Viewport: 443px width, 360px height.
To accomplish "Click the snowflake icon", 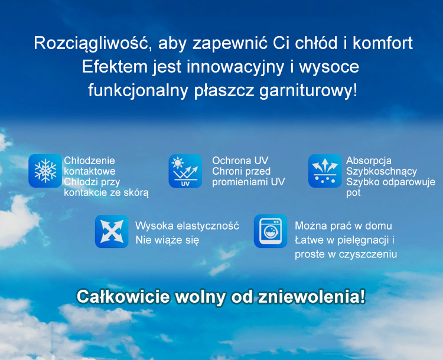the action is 45,171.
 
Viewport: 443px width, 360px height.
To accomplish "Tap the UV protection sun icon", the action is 185,171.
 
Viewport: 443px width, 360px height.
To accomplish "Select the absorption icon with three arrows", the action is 325,171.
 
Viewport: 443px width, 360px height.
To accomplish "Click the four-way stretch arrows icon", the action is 112,231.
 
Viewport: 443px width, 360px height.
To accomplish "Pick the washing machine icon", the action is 271,231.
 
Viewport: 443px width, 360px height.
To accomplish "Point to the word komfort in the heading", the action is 383,43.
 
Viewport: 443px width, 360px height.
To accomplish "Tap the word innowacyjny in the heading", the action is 235,68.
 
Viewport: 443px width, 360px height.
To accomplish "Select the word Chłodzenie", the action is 90,161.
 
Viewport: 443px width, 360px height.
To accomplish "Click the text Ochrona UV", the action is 240,161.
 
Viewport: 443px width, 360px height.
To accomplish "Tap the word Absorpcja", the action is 369,161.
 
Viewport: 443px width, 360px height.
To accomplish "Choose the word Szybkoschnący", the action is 382,172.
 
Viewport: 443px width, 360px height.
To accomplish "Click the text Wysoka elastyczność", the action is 187,226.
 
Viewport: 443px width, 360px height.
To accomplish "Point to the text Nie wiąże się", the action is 167,240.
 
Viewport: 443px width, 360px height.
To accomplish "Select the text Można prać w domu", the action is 343,225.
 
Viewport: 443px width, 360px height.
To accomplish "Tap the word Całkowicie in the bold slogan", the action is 123,297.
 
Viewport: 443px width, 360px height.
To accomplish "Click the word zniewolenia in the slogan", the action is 311,297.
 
